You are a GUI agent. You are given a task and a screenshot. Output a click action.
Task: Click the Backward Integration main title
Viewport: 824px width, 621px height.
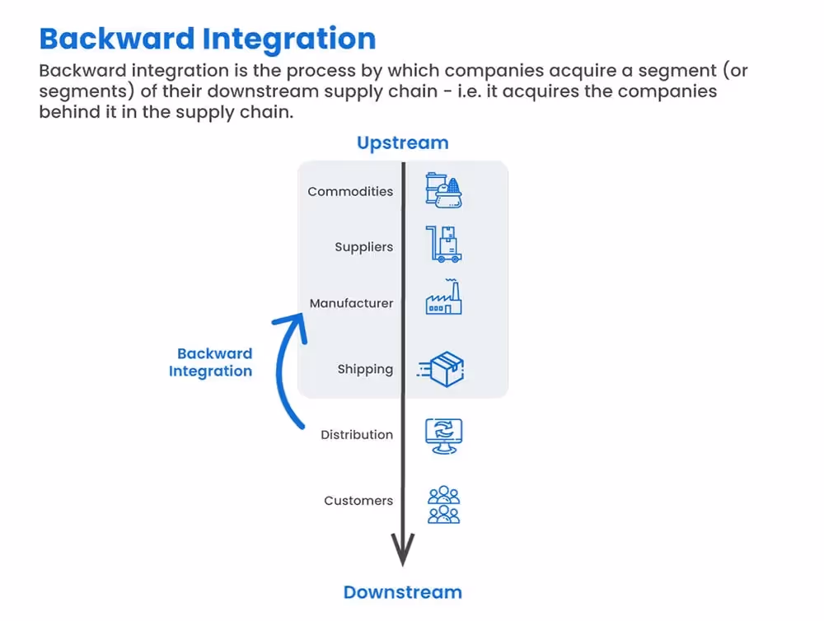tap(208, 39)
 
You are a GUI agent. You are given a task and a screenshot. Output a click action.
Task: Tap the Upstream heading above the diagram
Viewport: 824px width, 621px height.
tap(402, 142)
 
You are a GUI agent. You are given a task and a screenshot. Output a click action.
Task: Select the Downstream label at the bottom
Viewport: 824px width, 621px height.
tap(402, 592)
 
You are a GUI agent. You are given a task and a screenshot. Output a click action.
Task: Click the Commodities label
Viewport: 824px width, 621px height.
tap(350, 192)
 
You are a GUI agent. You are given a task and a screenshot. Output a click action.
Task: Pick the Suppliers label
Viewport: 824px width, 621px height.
tap(363, 247)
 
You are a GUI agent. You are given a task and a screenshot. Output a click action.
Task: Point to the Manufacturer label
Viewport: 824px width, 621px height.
tap(351, 303)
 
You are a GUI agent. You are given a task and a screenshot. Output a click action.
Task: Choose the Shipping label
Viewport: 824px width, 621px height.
tap(365, 369)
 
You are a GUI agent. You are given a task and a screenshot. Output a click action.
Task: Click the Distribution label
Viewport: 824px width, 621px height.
tap(357, 435)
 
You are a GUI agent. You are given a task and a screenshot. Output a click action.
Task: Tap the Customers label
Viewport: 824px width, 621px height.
tap(358, 501)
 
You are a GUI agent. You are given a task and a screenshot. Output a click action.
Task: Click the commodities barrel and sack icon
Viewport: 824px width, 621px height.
tap(443, 190)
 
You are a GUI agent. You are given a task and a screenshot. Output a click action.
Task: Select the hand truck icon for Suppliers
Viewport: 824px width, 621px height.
tap(443, 245)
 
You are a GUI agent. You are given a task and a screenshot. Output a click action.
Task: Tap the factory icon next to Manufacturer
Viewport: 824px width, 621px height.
tap(443, 298)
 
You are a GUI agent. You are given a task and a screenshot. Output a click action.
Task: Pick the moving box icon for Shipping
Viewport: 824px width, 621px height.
tap(442, 370)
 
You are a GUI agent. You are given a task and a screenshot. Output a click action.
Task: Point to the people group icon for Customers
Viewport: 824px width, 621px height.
tap(443, 504)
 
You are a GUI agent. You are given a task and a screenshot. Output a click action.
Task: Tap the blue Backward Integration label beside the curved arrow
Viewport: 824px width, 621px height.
tap(212, 362)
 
